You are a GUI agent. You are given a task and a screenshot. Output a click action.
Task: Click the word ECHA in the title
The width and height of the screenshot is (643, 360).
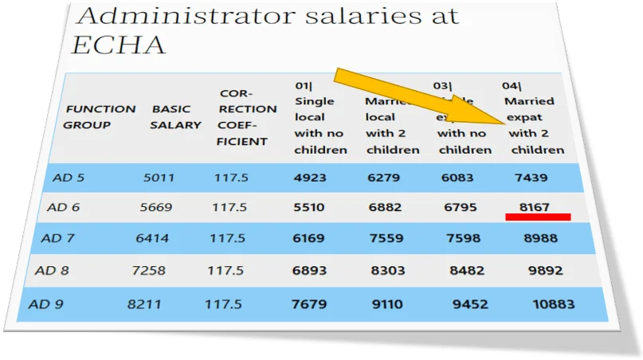coord(119,44)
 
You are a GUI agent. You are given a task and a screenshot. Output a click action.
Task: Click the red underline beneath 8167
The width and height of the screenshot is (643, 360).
coord(538,217)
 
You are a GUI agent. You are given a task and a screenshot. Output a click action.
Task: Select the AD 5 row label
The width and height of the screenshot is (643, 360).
coord(69,178)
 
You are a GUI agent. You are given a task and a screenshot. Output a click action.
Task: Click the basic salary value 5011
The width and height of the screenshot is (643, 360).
coord(159,178)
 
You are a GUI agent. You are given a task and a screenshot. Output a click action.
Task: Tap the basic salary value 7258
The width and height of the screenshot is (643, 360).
coord(148,271)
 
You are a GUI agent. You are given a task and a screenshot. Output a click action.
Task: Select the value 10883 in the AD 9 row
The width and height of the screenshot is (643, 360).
coord(553,304)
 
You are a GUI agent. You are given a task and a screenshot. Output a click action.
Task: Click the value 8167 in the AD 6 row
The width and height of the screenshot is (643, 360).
coord(534,207)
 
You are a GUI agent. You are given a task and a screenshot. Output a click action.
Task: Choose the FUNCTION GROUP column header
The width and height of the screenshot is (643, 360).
coord(100,116)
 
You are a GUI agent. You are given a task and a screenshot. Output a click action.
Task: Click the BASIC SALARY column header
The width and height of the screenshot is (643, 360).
coord(175,116)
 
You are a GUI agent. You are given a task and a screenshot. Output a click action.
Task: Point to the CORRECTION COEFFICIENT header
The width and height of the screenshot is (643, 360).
coord(248,117)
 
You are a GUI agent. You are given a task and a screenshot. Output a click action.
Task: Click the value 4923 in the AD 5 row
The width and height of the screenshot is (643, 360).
coord(310,178)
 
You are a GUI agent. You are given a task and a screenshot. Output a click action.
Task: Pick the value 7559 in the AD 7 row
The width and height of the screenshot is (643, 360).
coord(386,238)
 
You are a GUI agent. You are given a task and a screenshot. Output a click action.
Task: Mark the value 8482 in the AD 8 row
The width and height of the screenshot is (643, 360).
coord(466,271)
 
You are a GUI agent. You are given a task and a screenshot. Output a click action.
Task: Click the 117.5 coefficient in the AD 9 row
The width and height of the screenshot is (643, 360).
coord(223,304)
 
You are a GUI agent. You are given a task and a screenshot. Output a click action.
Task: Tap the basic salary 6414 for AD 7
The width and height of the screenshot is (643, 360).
coord(152,238)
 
